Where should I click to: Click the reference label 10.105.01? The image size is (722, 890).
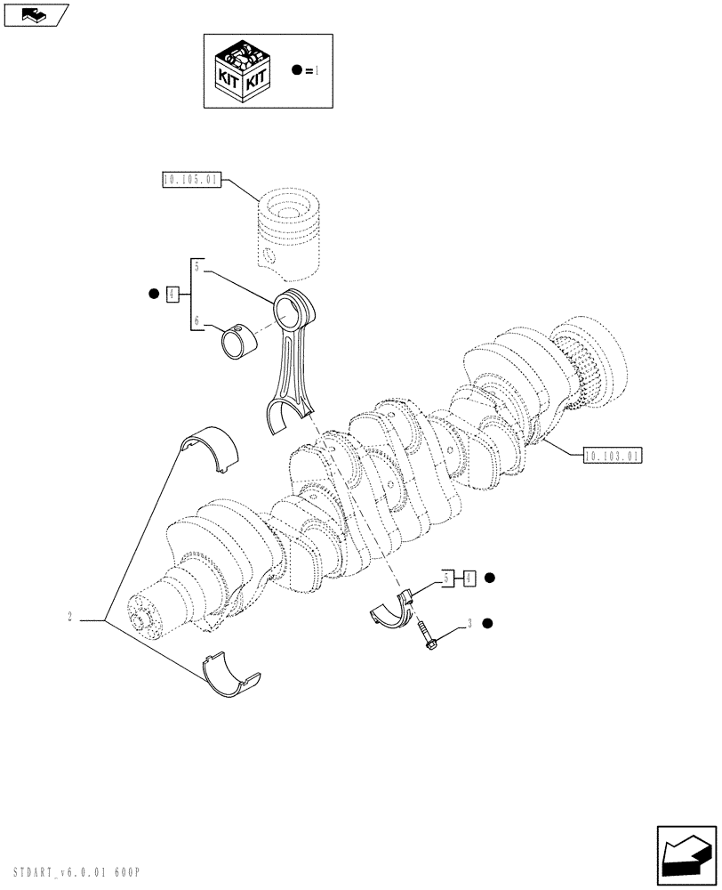click(x=191, y=181)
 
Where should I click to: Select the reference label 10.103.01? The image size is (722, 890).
click(x=613, y=456)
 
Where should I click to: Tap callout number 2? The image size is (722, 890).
click(x=68, y=617)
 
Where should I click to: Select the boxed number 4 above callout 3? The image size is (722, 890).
click(x=469, y=578)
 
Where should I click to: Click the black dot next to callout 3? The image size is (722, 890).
click(x=488, y=624)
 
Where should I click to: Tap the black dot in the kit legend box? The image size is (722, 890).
click(x=296, y=69)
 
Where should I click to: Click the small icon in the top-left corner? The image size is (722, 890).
click(x=35, y=14)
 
